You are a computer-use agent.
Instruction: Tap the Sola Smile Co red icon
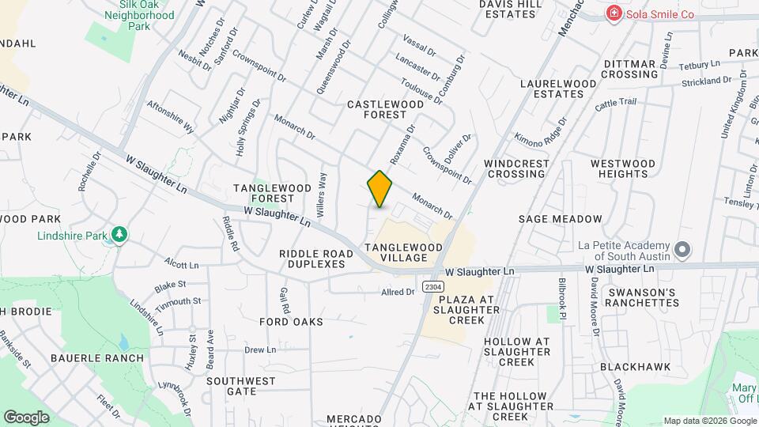tap(613, 13)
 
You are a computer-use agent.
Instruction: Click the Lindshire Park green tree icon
tap(119, 235)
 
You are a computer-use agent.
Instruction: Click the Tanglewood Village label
tap(403, 252)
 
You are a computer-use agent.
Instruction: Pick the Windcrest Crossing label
tap(516, 168)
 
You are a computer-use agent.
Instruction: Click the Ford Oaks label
tap(292, 322)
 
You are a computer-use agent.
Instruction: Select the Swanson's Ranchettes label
tap(640, 297)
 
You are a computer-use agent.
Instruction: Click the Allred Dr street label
tap(398, 292)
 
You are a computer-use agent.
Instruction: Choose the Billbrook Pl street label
tap(563, 297)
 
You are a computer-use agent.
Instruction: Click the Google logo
tap(26, 417)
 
